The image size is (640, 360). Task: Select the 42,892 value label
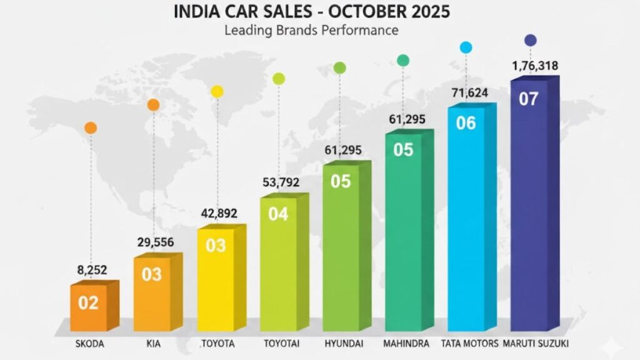[219, 213]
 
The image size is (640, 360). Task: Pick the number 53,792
[281, 182]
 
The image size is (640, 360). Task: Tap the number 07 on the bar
[529, 99]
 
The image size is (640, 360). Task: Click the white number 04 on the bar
[278, 214]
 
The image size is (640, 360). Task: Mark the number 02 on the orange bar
[88, 303]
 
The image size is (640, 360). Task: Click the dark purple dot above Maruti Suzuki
[531, 40]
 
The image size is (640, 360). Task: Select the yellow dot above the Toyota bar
[217, 92]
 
